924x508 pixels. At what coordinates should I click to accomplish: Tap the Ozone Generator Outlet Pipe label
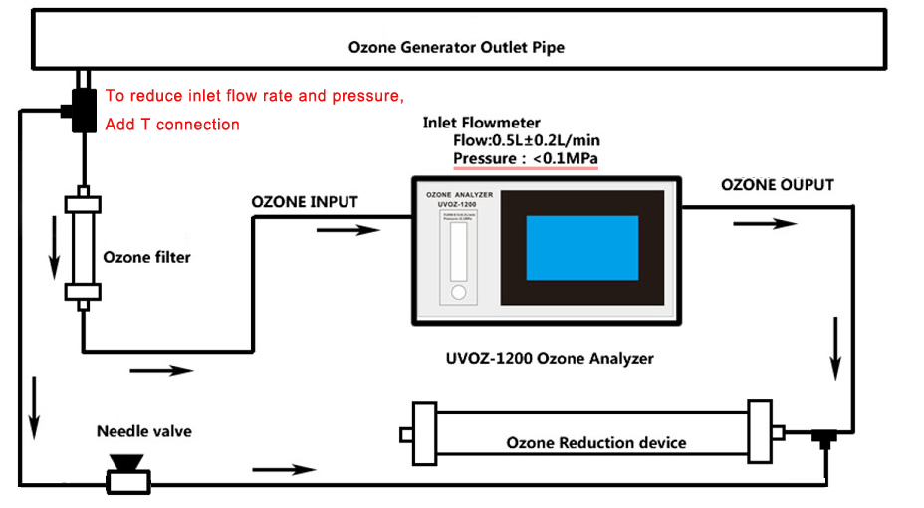point(457,47)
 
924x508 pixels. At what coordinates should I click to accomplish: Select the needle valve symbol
point(125,474)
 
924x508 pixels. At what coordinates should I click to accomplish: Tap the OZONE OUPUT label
point(778,185)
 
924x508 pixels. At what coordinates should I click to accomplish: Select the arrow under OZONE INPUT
point(347,231)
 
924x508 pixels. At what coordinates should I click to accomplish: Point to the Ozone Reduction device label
point(596,442)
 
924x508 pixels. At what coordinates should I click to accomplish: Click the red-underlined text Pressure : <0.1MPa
point(526,159)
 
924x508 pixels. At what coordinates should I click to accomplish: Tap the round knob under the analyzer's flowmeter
point(458,293)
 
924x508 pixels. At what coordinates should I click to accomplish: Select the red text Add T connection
point(172,125)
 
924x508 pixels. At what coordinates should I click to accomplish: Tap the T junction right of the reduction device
point(822,438)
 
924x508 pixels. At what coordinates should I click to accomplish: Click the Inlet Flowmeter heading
point(482,123)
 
